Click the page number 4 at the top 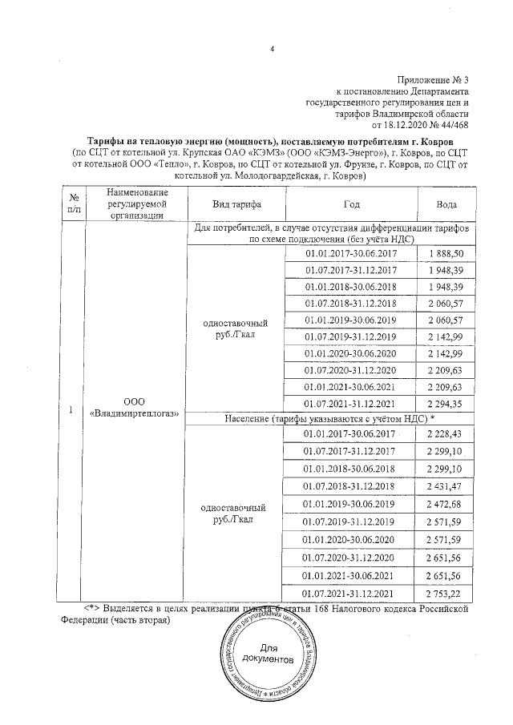click(x=272, y=50)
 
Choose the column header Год click(x=351, y=204)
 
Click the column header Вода click(x=446, y=204)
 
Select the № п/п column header click(x=74, y=203)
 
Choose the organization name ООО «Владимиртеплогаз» click(x=133, y=407)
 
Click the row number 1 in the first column click(x=71, y=409)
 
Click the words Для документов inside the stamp click(x=257, y=653)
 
